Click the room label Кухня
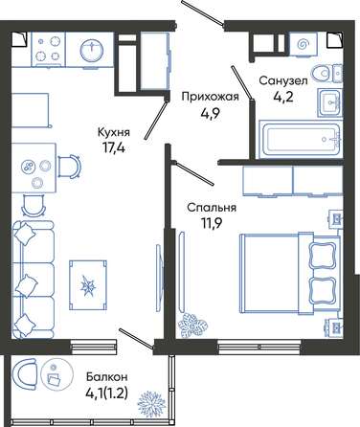[114, 132]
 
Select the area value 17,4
[114, 148]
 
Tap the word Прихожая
[210, 97]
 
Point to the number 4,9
[211, 113]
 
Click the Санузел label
[283, 80]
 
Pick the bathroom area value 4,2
[283, 97]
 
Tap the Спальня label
[212, 208]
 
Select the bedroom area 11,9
[212, 224]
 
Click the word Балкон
[107, 377]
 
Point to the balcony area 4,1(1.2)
[107, 393]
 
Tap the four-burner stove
[48, 49]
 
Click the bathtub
[301, 140]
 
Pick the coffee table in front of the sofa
[88, 285]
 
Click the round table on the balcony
[54, 374]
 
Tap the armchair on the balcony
[24, 374]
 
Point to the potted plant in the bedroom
[192, 326]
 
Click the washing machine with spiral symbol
[303, 45]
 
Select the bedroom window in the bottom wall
[259, 347]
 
